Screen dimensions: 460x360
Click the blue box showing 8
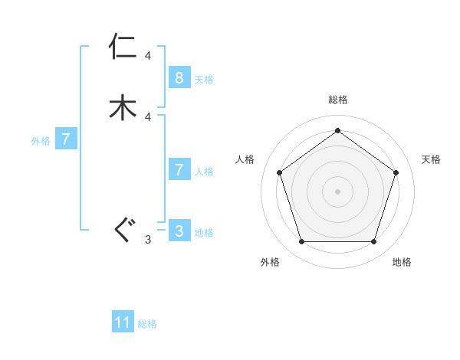click(x=179, y=78)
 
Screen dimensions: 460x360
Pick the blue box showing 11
click(x=123, y=322)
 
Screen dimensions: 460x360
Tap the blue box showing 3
click(x=179, y=231)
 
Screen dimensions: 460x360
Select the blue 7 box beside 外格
click(x=66, y=139)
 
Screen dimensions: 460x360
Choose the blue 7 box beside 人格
click(x=179, y=170)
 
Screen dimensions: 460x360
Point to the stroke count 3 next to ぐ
click(x=148, y=240)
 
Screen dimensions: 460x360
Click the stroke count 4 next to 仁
click(x=148, y=56)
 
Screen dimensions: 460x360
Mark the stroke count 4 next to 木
click(x=148, y=116)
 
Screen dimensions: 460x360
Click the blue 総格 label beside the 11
click(x=147, y=324)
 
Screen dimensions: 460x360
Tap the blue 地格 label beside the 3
click(x=204, y=233)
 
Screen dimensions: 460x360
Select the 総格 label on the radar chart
click(x=337, y=100)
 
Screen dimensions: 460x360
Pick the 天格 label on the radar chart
click(x=431, y=159)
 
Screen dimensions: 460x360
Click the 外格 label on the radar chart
click(x=270, y=262)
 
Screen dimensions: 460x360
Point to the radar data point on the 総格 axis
click(x=337, y=130)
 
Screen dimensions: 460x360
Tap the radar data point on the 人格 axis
click(x=279, y=172)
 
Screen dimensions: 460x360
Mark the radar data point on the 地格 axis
click(x=373, y=242)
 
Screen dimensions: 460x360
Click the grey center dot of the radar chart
click(x=337, y=191)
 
